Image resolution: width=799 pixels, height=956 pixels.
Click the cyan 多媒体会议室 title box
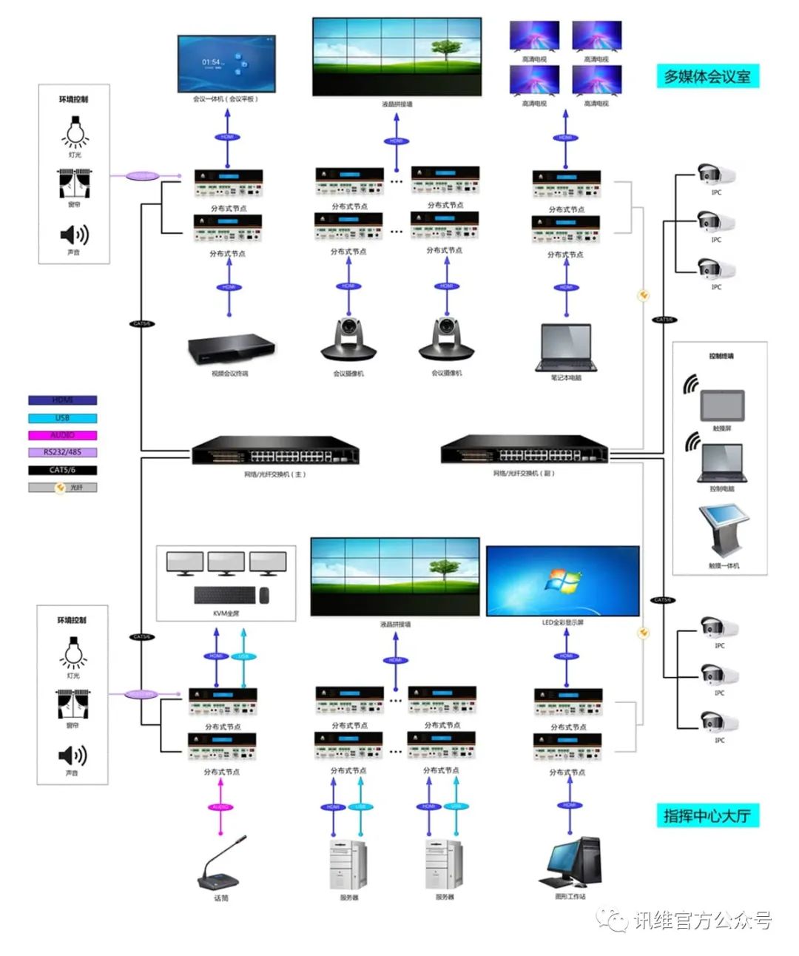tap(707, 76)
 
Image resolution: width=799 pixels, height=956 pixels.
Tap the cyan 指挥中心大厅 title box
tap(707, 815)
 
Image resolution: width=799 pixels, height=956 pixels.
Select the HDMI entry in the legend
tap(63, 400)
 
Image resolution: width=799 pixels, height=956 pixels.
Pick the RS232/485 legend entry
tap(63, 452)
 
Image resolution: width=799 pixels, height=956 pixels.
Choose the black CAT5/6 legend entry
tap(63, 470)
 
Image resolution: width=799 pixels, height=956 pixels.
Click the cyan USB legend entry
tap(63, 418)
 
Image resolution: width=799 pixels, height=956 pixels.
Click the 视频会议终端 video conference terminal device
tap(231, 350)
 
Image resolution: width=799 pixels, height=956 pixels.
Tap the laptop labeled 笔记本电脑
tap(566, 348)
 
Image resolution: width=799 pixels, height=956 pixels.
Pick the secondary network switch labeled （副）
tap(524, 449)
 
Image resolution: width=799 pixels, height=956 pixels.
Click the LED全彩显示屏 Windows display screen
tap(562, 581)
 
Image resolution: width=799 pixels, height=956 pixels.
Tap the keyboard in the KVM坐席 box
tap(225, 595)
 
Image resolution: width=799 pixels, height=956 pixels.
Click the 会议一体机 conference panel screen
tap(226, 64)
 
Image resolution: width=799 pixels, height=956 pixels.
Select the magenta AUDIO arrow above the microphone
tap(220, 807)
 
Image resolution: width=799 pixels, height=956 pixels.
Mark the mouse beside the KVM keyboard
tap(264, 595)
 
